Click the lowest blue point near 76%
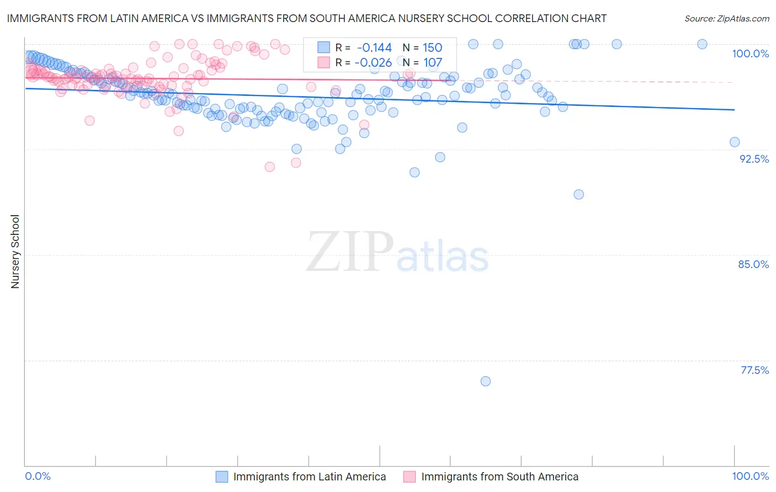tap(486, 381)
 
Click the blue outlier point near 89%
tap(578, 194)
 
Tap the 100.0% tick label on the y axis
tap(750, 54)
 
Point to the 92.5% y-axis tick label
tap(754, 159)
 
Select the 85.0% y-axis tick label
tap(753, 264)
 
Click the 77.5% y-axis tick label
tap(754, 370)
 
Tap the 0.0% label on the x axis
tap(38, 476)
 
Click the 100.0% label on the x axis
tap(750, 476)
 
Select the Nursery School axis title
tap(15, 251)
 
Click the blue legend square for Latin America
tap(222, 477)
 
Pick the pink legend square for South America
tap(410, 477)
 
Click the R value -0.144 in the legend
tap(374, 47)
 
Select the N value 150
tap(433, 47)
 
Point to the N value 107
tap(433, 62)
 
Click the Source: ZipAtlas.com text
tap(726, 18)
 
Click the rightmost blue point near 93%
tap(735, 142)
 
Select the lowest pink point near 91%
tap(270, 167)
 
